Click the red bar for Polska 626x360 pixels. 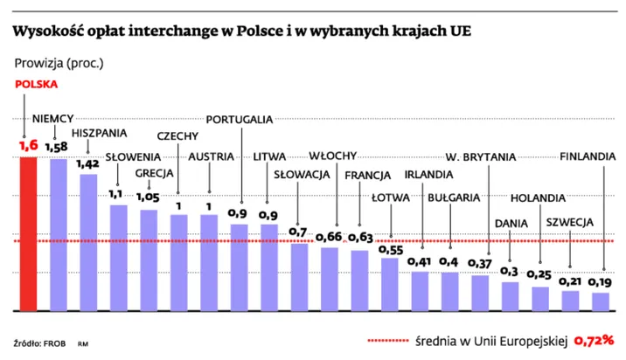(29, 233)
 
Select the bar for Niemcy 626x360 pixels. (59, 234)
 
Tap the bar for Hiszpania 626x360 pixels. (88, 242)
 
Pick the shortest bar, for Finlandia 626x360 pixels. (601, 301)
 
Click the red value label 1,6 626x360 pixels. (28, 146)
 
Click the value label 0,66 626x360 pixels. (330, 236)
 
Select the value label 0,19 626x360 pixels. (600, 281)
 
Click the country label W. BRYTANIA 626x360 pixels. (480, 157)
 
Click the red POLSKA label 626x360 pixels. (34, 85)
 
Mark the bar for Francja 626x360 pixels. (359, 280)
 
